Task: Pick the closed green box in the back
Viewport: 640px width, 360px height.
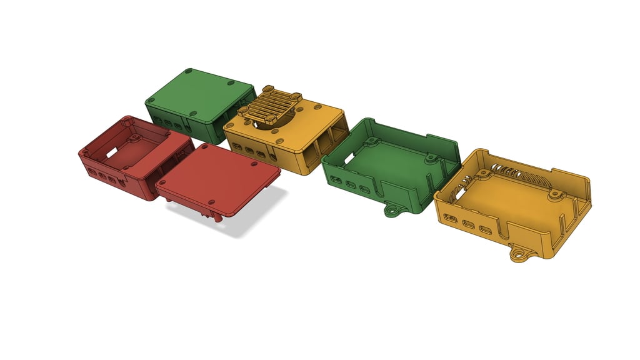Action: click(x=199, y=103)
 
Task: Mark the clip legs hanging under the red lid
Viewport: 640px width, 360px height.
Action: click(x=216, y=216)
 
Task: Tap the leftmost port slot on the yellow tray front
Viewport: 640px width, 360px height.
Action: click(x=448, y=218)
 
